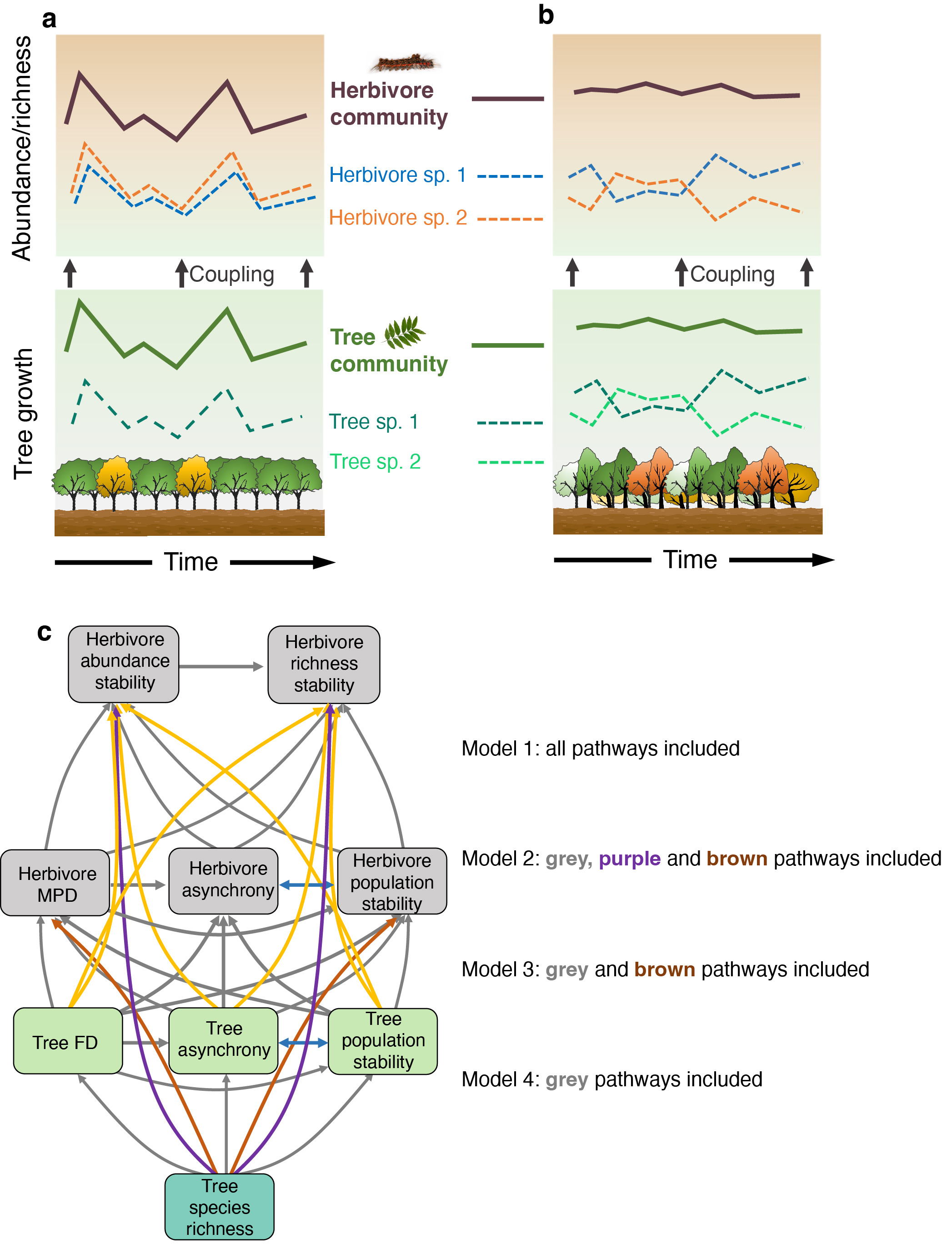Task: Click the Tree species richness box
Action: coord(219,1206)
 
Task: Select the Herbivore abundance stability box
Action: coord(124,663)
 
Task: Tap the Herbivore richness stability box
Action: coord(324,664)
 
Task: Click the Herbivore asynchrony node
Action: coord(224,880)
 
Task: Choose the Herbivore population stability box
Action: coord(392,881)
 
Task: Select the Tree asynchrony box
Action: coord(224,1040)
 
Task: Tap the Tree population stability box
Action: coord(383,1041)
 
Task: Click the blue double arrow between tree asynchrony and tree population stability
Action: coord(303,1042)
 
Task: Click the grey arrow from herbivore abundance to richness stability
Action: coord(221,666)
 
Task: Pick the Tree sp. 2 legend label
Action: coord(375,462)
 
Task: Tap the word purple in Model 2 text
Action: coord(629,859)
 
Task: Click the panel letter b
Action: coord(546,15)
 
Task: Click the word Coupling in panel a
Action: coord(232,274)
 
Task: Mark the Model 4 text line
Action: coord(611,1079)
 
